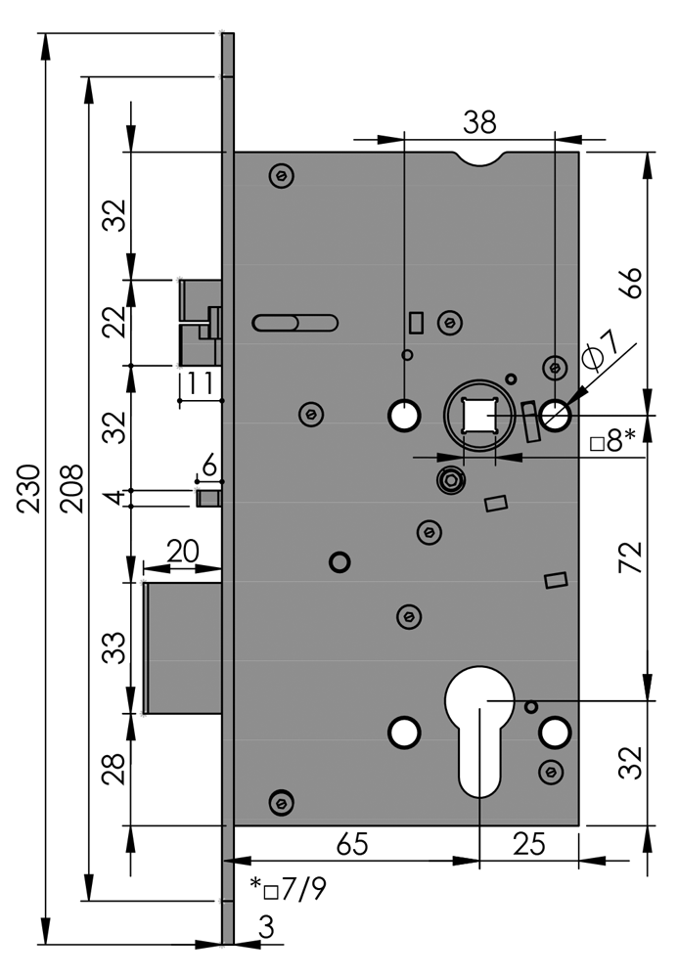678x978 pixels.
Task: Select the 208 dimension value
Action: click(x=70, y=489)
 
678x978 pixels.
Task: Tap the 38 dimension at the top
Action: click(x=479, y=122)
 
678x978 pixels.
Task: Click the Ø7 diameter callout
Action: click(x=600, y=350)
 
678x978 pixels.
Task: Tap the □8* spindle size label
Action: click(x=614, y=442)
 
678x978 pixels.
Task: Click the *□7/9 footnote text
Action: click(x=288, y=889)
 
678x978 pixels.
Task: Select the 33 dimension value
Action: click(x=115, y=647)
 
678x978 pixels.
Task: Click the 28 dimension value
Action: click(x=115, y=769)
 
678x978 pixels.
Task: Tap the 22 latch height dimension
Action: click(x=115, y=321)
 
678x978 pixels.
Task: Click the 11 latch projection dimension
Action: click(x=201, y=382)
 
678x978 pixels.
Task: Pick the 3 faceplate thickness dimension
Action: click(x=265, y=926)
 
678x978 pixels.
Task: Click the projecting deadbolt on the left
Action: click(x=183, y=647)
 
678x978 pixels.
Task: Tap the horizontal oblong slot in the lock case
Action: click(x=294, y=322)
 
